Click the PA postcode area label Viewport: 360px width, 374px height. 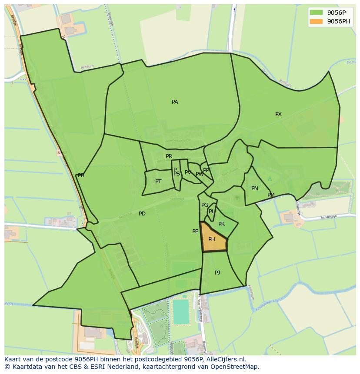point(175,102)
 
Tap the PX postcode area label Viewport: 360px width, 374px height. point(278,114)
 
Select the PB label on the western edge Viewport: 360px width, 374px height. point(81,175)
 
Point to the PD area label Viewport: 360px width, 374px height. point(142,214)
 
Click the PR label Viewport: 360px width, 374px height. point(169,156)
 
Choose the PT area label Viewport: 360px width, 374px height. point(158,182)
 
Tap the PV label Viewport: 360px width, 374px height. point(188,172)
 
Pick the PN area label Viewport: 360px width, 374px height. point(255,189)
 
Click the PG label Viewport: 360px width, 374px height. point(205,205)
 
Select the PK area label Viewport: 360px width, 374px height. point(221,224)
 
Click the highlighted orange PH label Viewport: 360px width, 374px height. point(212,239)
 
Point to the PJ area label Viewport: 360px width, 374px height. point(217,273)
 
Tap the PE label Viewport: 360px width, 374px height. point(195,232)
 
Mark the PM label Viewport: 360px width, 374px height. point(271,195)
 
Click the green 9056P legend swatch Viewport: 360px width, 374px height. point(316,13)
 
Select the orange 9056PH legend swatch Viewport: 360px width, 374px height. point(316,21)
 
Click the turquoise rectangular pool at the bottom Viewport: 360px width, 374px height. point(181,311)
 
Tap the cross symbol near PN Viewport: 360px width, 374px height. point(237,198)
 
